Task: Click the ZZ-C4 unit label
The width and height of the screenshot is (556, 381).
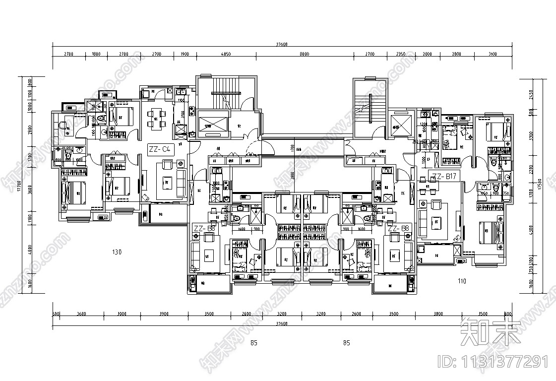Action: [x=160, y=148]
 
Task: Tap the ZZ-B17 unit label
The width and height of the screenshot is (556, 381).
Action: [x=445, y=176]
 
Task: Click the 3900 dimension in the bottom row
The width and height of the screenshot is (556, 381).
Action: [x=164, y=314]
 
